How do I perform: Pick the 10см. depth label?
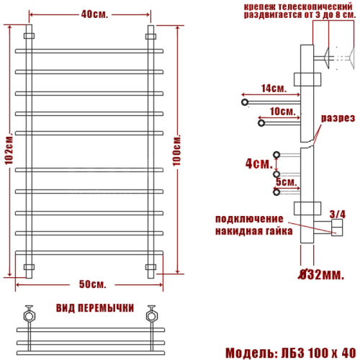pyautogui.click(x=282, y=112)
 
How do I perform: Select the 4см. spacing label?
pyautogui.click(x=256, y=163)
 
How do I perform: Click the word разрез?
pyautogui.click(x=336, y=118)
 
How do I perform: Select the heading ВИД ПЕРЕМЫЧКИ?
pyautogui.click(x=94, y=307)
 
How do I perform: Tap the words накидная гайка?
pyautogui.click(x=253, y=232)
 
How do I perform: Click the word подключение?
pyautogui.click(x=248, y=219)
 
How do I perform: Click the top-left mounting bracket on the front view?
pyautogui.click(x=29, y=35)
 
